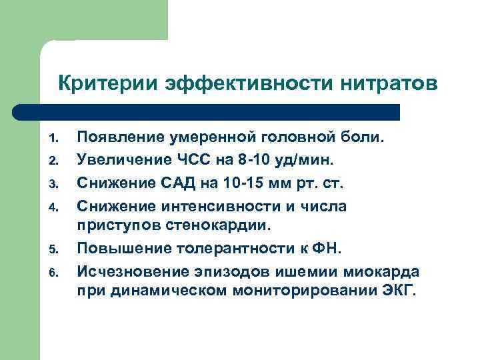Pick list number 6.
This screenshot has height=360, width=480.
click(54, 272)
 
